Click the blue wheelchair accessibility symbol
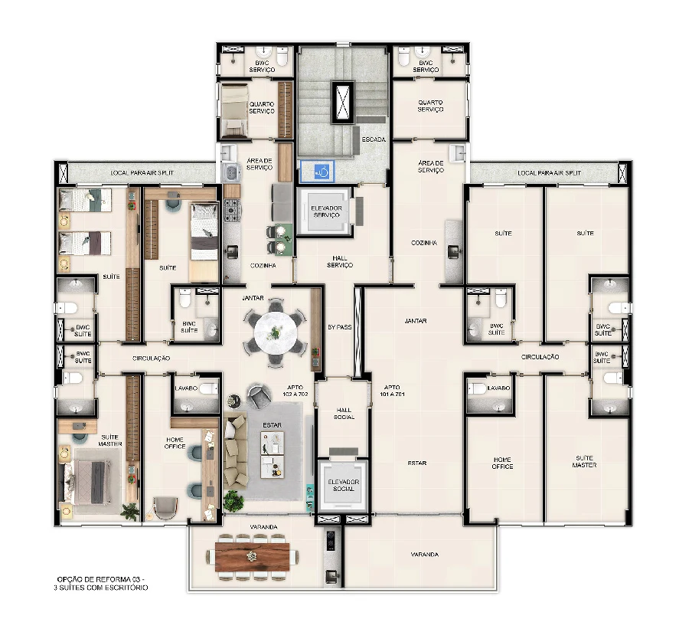[322, 172]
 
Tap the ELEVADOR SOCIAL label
[344, 485]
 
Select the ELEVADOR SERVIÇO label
[326, 211]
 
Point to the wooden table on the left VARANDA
[252, 556]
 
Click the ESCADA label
[374, 139]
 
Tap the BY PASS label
[340, 327]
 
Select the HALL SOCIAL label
[344, 414]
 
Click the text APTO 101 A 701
[392, 391]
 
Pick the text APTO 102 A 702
[296, 391]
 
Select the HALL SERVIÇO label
[340, 262]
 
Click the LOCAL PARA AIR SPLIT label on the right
[549, 173]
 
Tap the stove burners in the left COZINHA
[232, 210]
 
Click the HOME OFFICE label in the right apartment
[502, 463]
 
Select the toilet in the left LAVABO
[208, 389]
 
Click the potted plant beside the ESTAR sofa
[233, 500]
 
